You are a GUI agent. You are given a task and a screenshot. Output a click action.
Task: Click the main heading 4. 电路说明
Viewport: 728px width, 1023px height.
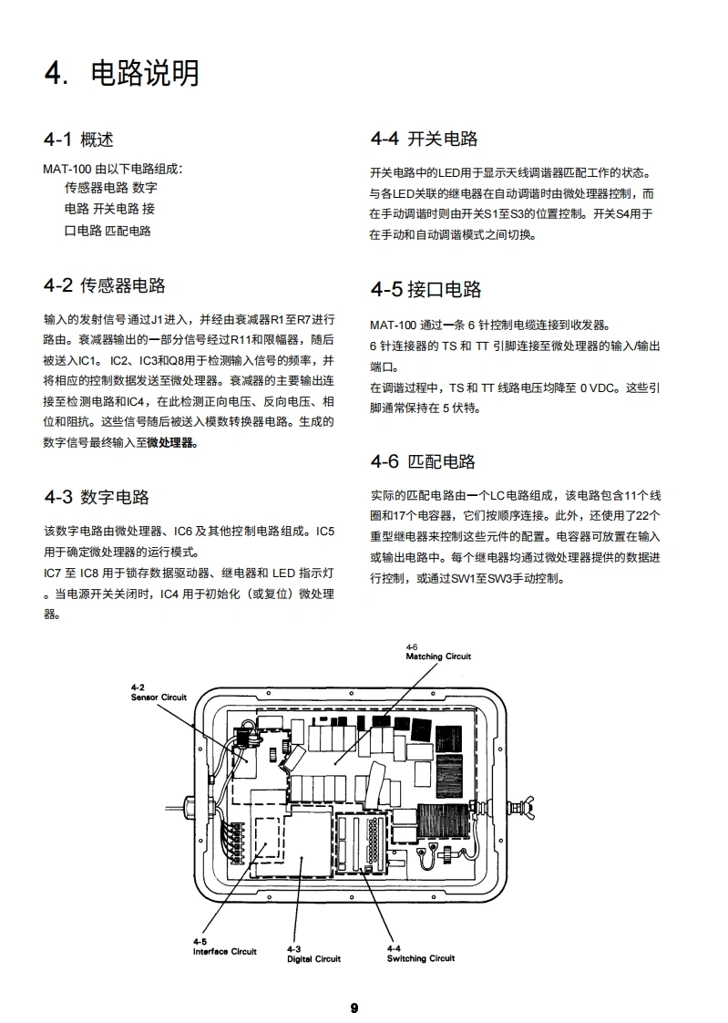coord(122,73)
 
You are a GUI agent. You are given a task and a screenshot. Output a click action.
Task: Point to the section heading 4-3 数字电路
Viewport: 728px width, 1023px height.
coord(97,497)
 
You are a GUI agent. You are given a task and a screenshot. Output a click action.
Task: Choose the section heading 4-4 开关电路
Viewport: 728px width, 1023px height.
coord(424,139)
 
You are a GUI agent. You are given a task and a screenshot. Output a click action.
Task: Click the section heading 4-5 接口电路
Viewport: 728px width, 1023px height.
coord(426,290)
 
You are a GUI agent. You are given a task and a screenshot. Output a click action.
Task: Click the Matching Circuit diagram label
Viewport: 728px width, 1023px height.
coord(438,656)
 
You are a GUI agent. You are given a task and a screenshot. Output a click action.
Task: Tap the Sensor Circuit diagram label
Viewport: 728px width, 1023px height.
coord(159,697)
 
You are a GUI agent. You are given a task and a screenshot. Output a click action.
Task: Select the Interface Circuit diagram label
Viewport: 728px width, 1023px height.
coord(224,951)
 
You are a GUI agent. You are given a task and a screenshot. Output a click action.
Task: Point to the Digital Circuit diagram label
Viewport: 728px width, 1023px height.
coord(313,958)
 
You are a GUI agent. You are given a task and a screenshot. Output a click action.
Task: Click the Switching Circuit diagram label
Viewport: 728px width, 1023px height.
coord(420,958)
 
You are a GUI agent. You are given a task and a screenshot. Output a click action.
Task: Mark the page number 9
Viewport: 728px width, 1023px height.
coord(354,1007)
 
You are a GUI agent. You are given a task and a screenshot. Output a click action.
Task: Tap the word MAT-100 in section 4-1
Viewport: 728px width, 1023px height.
coord(63,169)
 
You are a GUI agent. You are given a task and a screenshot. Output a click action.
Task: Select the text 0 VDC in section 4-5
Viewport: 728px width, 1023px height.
coord(599,387)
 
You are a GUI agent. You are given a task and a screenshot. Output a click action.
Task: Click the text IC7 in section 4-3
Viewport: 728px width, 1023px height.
coord(53,573)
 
